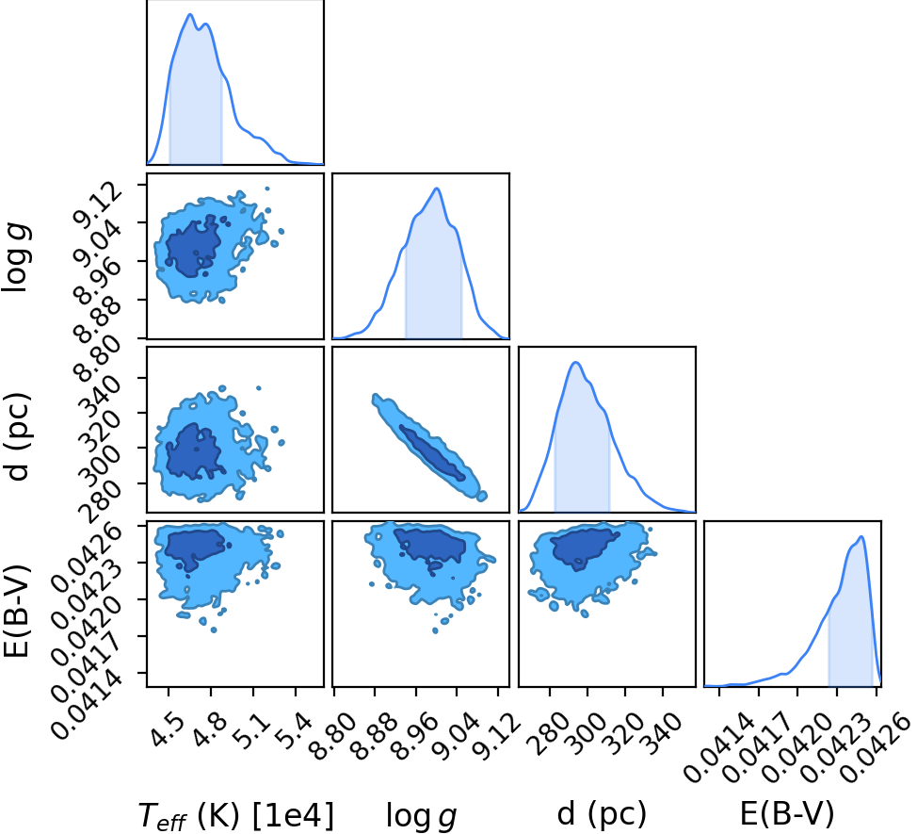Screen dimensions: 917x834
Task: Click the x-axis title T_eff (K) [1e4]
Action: click(x=236, y=815)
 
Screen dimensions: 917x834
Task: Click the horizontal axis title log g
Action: click(x=421, y=816)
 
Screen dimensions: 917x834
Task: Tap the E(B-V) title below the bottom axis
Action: click(x=787, y=813)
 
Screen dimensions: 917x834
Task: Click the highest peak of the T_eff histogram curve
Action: click(x=190, y=14)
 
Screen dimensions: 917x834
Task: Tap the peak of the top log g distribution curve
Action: click(x=436, y=188)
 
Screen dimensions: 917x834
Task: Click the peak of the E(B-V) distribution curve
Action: click(x=861, y=537)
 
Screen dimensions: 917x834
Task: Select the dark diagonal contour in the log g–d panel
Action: click(x=433, y=453)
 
